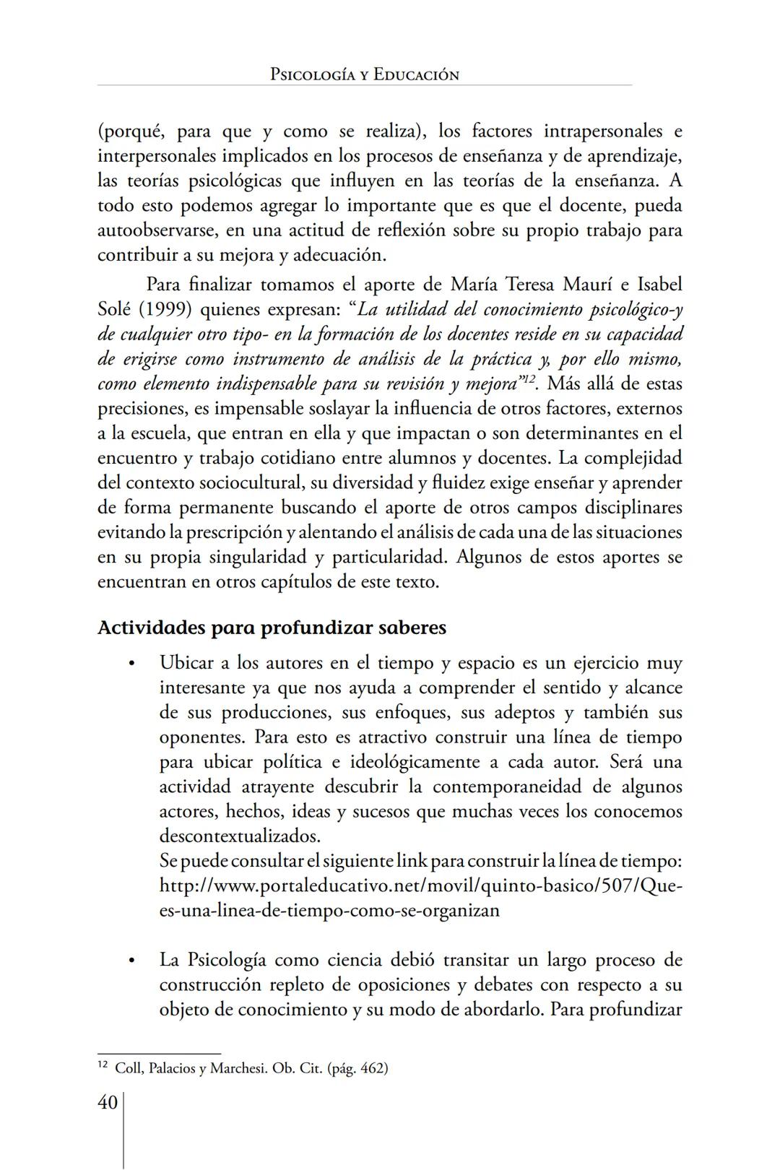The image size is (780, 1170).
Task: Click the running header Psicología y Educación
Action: click(x=364, y=74)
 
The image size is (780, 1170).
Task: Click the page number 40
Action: click(x=108, y=1102)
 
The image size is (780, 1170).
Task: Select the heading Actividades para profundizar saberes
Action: click(x=272, y=627)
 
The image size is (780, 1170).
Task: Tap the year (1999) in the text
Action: click(x=164, y=310)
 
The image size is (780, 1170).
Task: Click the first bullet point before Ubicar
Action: click(x=131, y=664)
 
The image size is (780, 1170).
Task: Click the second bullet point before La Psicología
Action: click(x=131, y=961)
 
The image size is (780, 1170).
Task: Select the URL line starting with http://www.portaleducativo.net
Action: click(x=420, y=885)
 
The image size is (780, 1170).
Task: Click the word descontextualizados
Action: click(x=239, y=836)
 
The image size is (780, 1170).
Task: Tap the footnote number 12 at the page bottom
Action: click(x=103, y=1065)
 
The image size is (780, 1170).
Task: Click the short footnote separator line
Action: click(x=159, y=1054)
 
